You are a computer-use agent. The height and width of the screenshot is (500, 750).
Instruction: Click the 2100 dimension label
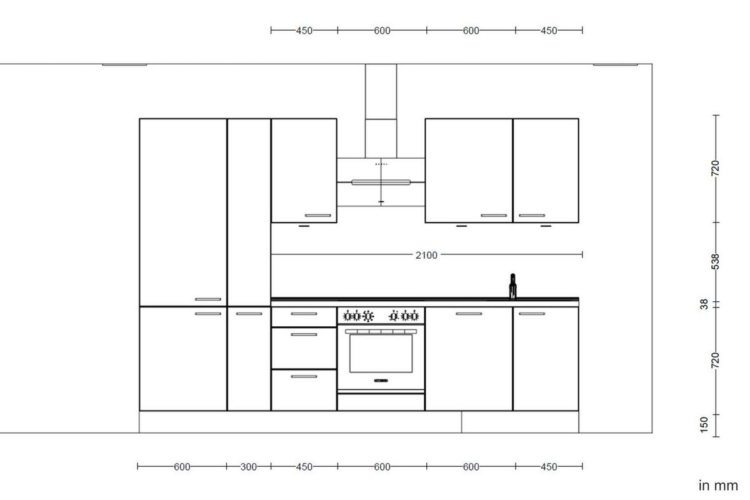tap(426, 255)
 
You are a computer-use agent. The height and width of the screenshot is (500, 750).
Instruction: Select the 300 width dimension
tap(248, 467)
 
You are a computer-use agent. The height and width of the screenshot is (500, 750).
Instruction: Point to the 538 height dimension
tap(716, 262)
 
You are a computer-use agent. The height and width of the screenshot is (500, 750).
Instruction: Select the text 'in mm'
tap(718, 485)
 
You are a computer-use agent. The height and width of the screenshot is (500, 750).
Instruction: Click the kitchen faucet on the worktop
tap(512, 286)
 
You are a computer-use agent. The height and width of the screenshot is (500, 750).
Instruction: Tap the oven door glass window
tap(381, 353)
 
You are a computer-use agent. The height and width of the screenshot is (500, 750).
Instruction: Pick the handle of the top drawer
tap(304, 314)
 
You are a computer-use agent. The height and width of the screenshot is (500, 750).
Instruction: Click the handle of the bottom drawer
tap(304, 376)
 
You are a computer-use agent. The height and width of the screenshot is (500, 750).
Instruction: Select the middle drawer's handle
tap(304, 335)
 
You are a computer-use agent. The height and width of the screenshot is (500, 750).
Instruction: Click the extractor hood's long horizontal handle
tap(381, 182)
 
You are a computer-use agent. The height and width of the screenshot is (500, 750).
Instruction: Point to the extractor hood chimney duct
tap(381, 109)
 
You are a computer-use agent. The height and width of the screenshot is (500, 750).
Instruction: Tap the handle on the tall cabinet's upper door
tap(208, 299)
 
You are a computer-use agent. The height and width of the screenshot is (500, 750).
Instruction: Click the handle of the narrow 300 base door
tap(249, 314)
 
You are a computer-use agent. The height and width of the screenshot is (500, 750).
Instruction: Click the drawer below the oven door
tap(381, 402)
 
